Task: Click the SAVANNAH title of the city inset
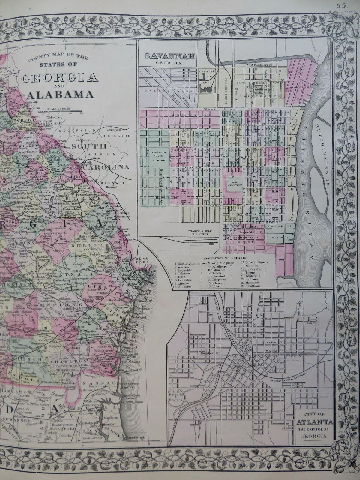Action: (170, 56)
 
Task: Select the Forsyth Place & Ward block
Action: (156, 158)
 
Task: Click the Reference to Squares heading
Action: (225, 258)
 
